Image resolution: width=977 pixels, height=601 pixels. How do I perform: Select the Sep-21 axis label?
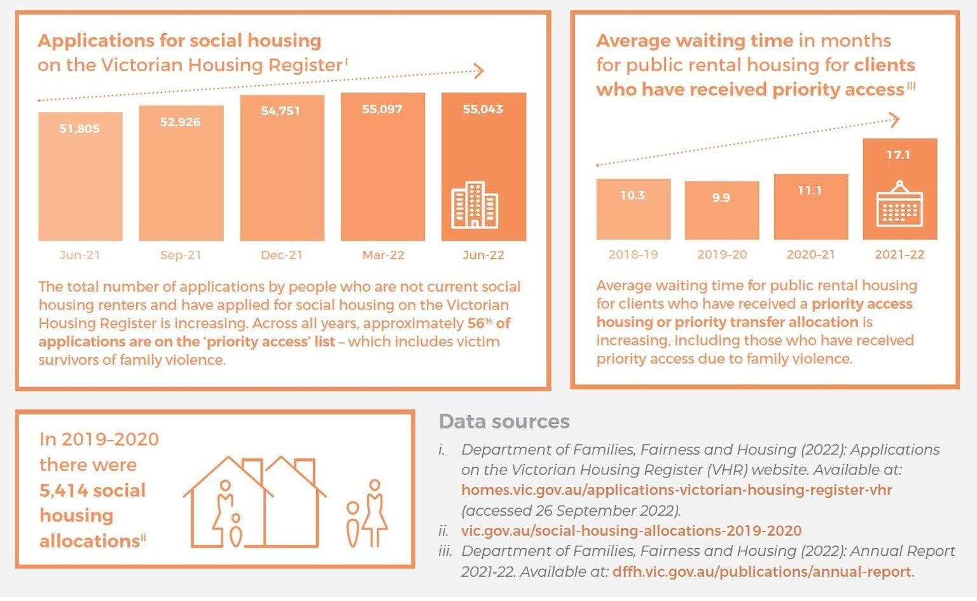(181, 255)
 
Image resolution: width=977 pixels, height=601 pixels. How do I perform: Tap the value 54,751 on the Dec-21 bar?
(281, 111)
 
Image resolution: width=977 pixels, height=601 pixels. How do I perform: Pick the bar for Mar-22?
(382, 172)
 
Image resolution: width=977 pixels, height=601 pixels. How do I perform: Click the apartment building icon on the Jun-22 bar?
(475, 205)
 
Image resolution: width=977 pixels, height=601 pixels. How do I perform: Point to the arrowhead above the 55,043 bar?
(479, 71)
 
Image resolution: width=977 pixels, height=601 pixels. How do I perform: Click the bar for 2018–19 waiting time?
(633, 210)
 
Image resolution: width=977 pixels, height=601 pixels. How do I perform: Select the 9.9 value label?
(721, 198)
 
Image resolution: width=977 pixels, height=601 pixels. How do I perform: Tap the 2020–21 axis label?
(810, 255)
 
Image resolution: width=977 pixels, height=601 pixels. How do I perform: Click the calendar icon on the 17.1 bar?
(899, 205)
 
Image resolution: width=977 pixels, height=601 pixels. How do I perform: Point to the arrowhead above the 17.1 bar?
(894, 119)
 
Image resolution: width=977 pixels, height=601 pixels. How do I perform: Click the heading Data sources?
(504, 421)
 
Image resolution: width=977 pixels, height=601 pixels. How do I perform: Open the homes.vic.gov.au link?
(676, 490)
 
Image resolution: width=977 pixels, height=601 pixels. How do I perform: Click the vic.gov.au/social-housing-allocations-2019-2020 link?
(631, 531)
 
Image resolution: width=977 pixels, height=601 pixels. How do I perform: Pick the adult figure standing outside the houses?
(375, 513)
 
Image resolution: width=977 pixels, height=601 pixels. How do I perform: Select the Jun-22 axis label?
(483, 255)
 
